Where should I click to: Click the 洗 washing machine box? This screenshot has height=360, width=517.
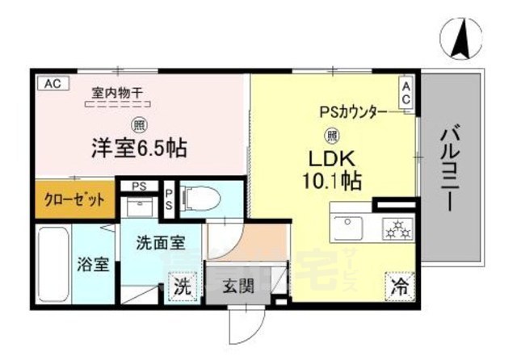[184, 285]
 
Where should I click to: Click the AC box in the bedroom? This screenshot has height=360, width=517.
[52, 82]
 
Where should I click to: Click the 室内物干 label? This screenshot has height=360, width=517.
[119, 93]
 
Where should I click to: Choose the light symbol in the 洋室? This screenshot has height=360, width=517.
[139, 125]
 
